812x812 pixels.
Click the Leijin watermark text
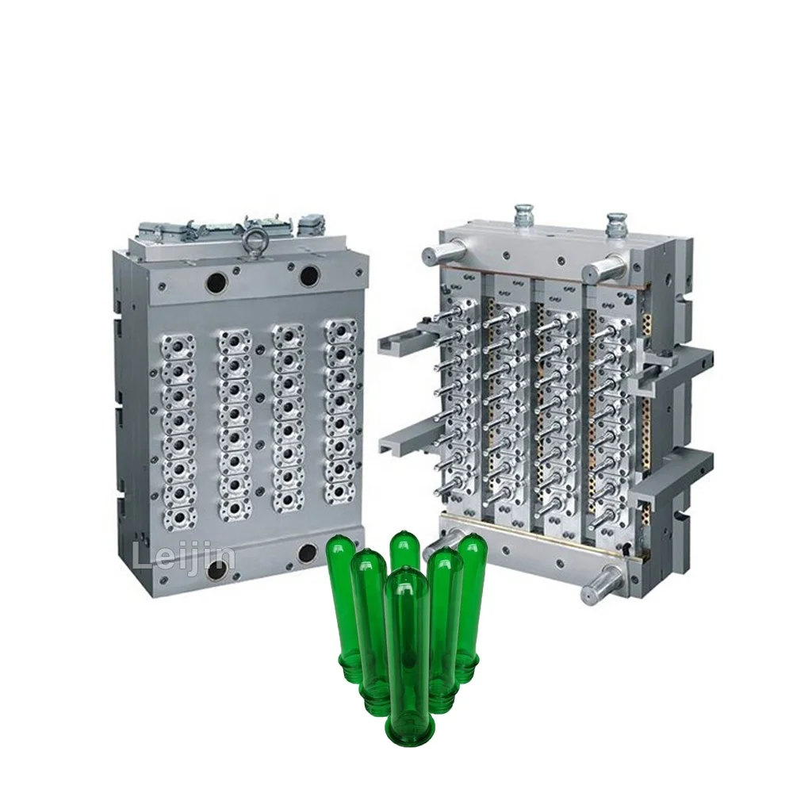click(184, 557)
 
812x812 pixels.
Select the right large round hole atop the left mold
click(309, 276)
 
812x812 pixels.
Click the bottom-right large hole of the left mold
click(308, 553)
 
